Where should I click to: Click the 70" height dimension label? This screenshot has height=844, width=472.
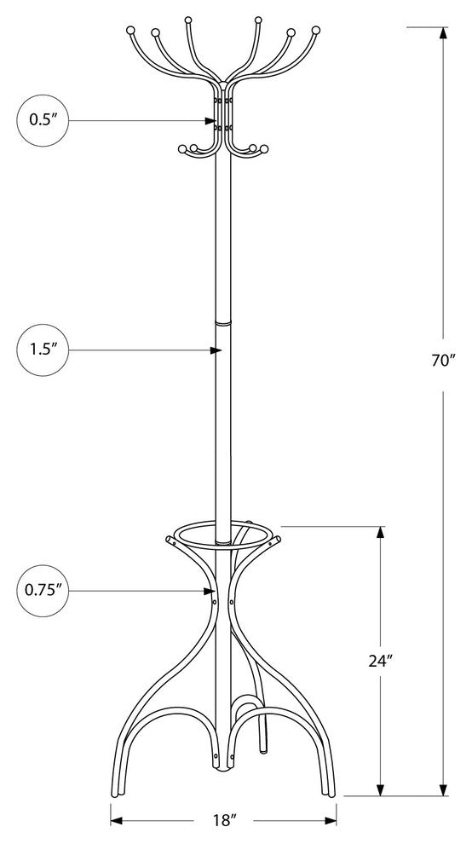[444, 361]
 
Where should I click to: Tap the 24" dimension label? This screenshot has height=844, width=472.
[381, 661]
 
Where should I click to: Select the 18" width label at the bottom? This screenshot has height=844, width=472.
[223, 820]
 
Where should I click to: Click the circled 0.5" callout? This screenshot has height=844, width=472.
[43, 120]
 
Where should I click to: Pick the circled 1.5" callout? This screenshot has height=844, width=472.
[43, 350]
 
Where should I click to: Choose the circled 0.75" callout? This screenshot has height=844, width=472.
[43, 591]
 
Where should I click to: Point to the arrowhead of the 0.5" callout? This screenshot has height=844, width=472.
[211, 121]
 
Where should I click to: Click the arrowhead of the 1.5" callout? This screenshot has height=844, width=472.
[216, 350]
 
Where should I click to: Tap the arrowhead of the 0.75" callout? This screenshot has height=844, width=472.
[209, 591]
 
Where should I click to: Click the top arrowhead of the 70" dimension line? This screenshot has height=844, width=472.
[443, 33]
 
